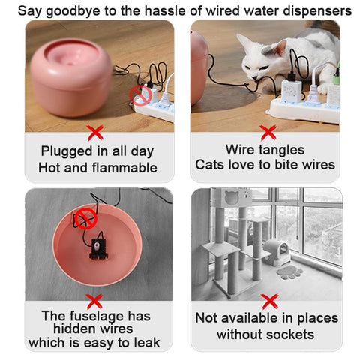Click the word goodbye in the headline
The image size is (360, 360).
pos(73,11)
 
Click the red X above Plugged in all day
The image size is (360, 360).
pos(95,133)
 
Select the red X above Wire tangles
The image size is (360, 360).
pos(268,133)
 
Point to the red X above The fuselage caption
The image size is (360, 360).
pos(94,301)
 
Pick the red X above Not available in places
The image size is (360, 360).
pos(270,301)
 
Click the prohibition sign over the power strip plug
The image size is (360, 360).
pos(139,95)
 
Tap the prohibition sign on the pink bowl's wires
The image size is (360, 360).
pos(85,219)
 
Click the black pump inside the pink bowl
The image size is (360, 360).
pos(98,248)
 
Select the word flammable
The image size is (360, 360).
pos(124,168)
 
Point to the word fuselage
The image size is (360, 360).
pos(96,316)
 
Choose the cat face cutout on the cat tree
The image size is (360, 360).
pos(232,197)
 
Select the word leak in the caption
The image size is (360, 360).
pos(147,342)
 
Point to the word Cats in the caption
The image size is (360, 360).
pos(210,165)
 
